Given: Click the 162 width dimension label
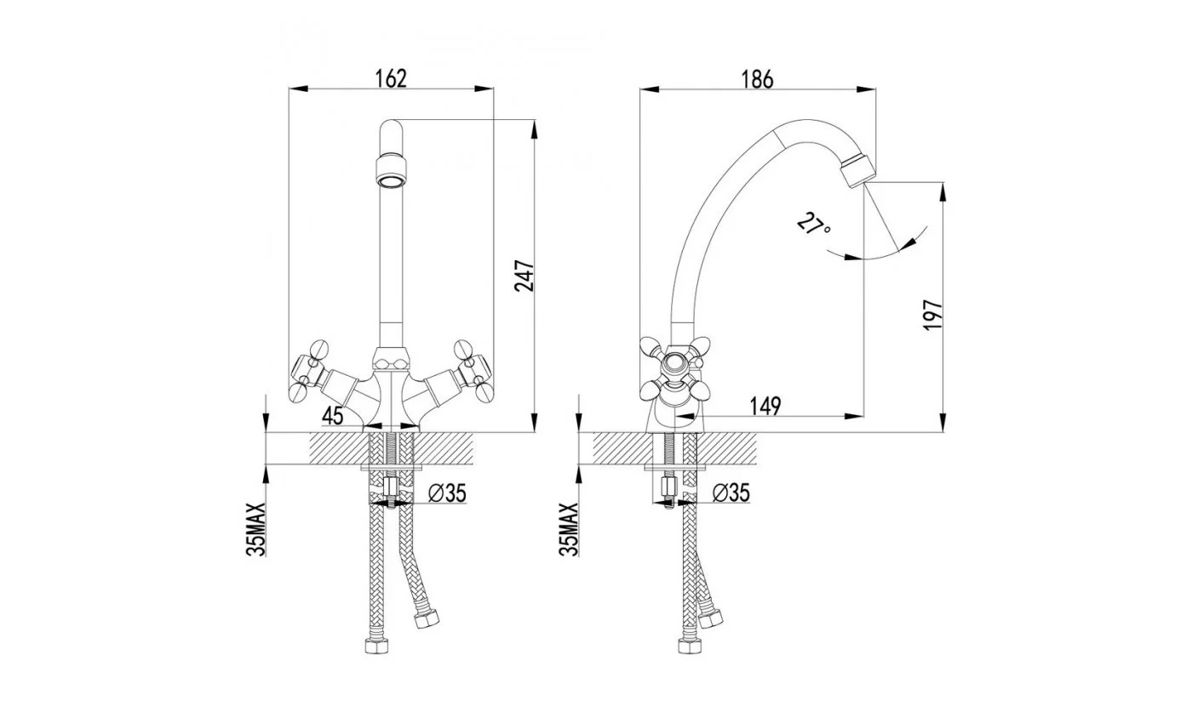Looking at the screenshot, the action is (x=391, y=78).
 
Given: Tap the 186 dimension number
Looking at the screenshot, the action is (x=757, y=79).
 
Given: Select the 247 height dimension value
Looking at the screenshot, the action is (x=524, y=276).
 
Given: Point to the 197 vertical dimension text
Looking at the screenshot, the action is (x=932, y=315).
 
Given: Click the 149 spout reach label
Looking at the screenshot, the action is (x=765, y=407).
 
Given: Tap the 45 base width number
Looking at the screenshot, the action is (x=333, y=416).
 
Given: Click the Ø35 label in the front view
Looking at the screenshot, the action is (x=447, y=493).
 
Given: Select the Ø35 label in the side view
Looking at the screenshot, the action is (x=731, y=492).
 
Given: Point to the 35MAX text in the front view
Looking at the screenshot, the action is (x=256, y=529).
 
